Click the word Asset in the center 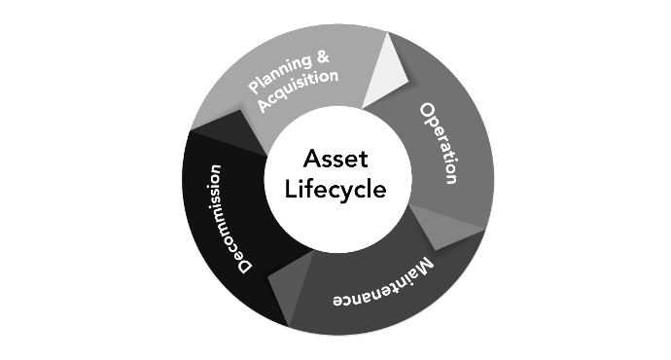click(x=335, y=159)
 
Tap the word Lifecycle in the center click(x=335, y=189)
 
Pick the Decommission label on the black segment click(x=230, y=218)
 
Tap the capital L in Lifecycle click(x=290, y=188)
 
